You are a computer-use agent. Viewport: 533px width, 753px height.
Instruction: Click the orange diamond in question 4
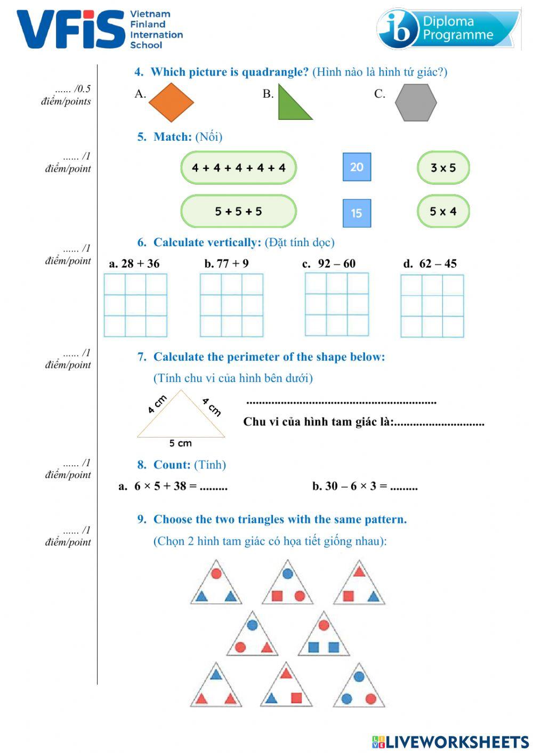click(x=171, y=102)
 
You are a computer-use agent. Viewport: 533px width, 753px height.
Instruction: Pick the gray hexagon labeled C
click(x=416, y=102)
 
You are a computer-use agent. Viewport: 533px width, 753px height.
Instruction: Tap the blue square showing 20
click(x=357, y=167)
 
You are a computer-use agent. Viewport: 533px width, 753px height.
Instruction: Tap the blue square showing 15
click(x=357, y=213)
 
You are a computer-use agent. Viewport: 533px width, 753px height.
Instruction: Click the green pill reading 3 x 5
click(x=443, y=168)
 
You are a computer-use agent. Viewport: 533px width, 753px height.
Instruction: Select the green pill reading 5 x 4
click(x=443, y=212)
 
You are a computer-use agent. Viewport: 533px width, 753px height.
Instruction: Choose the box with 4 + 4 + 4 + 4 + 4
click(x=238, y=168)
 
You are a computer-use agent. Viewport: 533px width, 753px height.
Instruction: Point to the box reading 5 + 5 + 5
click(x=238, y=212)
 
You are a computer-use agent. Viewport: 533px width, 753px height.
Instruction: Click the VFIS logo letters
click(x=71, y=29)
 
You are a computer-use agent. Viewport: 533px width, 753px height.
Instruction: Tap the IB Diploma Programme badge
click(x=448, y=29)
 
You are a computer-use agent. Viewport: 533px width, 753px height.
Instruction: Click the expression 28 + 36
click(x=140, y=263)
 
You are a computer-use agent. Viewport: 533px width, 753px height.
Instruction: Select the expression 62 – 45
click(x=438, y=263)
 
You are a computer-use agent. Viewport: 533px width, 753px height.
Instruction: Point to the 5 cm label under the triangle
click(x=181, y=443)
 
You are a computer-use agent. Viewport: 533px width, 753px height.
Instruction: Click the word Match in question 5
click(x=172, y=137)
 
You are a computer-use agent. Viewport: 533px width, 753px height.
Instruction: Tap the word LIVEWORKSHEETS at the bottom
click(x=457, y=742)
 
